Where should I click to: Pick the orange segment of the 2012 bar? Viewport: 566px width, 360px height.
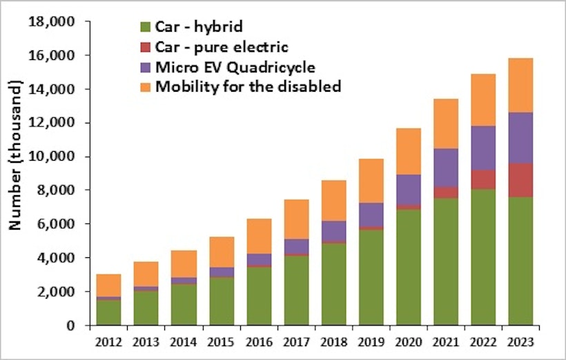(x=109, y=286)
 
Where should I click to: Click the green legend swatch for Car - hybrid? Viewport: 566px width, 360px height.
(x=144, y=28)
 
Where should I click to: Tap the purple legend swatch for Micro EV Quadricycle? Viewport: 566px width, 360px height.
(x=144, y=67)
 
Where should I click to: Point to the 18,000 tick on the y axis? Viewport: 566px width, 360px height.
(x=53, y=21)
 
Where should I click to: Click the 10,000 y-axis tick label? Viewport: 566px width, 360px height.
(x=53, y=157)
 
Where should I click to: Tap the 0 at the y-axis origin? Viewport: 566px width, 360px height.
(x=70, y=326)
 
